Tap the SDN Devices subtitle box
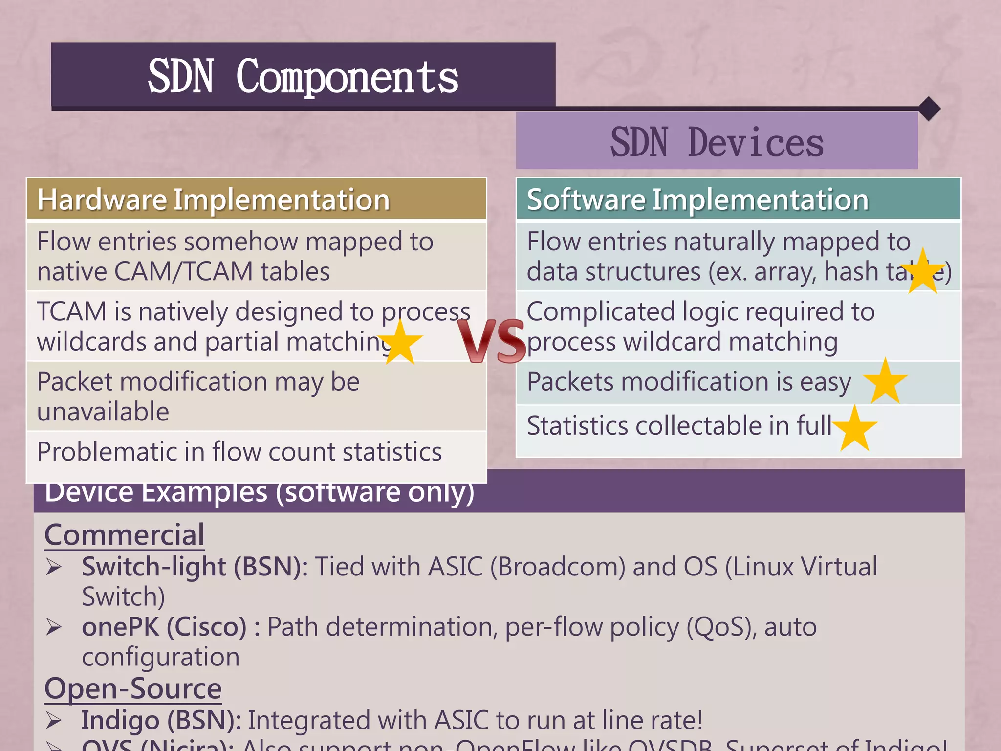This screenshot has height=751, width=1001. click(x=717, y=142)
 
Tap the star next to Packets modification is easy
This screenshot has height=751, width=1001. click(x=885, y=382)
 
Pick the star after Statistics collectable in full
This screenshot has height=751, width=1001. click(x=855, y=429)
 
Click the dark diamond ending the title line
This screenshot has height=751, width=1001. click(x=929, y=109)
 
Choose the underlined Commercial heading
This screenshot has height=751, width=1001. click(x=124, y=534)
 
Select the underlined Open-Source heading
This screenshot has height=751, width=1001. click(x=133, y=688)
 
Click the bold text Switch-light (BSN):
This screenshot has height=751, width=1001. click(x=195, y=567)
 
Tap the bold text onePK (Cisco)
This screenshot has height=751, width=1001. click(x=164, y=627)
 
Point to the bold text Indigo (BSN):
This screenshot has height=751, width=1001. click(x=161, y=721)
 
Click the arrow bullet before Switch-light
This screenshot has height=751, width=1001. click(x=54, y=567)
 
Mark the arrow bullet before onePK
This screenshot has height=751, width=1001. click(x=54, y=627)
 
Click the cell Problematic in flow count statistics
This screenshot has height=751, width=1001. click(x=239, y=452)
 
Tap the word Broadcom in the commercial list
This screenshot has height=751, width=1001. click(x=558, y=567)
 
